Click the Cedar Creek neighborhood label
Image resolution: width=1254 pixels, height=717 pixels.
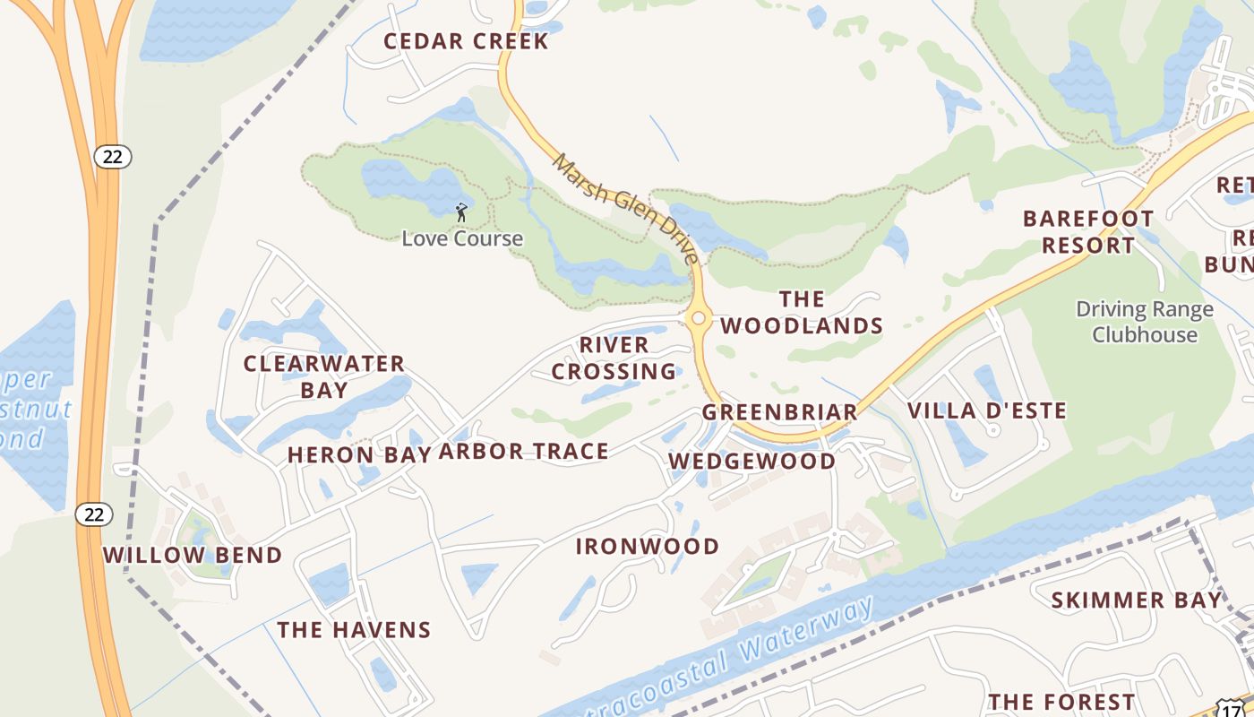[466, 41]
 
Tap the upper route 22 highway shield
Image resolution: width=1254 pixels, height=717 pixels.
[112, 157]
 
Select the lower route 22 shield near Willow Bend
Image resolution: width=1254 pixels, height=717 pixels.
[93, 514]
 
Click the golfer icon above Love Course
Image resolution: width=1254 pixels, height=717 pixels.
[461, 212]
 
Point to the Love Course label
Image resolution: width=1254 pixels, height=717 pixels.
[462, 238]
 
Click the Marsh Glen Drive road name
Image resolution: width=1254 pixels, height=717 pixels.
[624, 208]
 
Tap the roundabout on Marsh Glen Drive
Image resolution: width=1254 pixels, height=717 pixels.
[698, 318]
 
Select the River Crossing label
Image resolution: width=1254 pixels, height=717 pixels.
[614, 358]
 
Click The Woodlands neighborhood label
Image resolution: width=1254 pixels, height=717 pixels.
[802, 313]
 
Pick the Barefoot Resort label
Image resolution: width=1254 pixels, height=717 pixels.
[1087, 231]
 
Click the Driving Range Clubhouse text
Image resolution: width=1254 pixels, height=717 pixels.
[1145, 322]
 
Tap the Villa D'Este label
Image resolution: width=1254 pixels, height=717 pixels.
[987, 411]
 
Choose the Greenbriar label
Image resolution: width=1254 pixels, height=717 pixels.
[779, 412]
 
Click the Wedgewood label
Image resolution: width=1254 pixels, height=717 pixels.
[752, 462]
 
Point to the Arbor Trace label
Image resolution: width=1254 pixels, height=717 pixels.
[524, 452]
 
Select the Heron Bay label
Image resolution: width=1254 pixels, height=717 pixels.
[359, 455]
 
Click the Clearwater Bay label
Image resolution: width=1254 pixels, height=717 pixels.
[324, 376]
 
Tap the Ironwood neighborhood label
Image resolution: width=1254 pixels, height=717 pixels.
[647, 547]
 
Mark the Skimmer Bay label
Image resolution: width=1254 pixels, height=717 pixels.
[1136, 600]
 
